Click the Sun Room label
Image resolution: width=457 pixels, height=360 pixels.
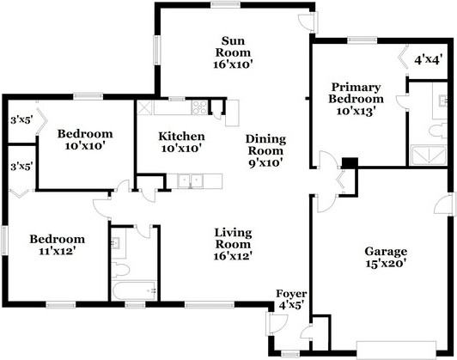(x=238, y=52)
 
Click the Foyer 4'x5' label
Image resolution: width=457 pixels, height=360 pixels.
(x=291, y=298)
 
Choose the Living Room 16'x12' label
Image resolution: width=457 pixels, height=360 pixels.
(x=232, y=241)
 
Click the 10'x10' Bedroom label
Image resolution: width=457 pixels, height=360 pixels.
(x=85, y=140)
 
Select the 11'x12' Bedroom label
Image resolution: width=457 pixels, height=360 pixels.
(x=57, y=245)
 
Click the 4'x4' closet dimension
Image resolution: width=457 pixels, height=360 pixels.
(x=428, y=60)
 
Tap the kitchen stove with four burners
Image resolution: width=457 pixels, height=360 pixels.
(x=200, y=108)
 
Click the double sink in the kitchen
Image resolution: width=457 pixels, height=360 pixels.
(x=190, y=180)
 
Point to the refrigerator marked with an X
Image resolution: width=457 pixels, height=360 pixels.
(x=144, y=109)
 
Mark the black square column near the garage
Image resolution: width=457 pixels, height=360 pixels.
(x=349, y=163)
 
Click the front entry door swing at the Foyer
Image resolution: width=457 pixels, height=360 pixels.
(x=279, y=323)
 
